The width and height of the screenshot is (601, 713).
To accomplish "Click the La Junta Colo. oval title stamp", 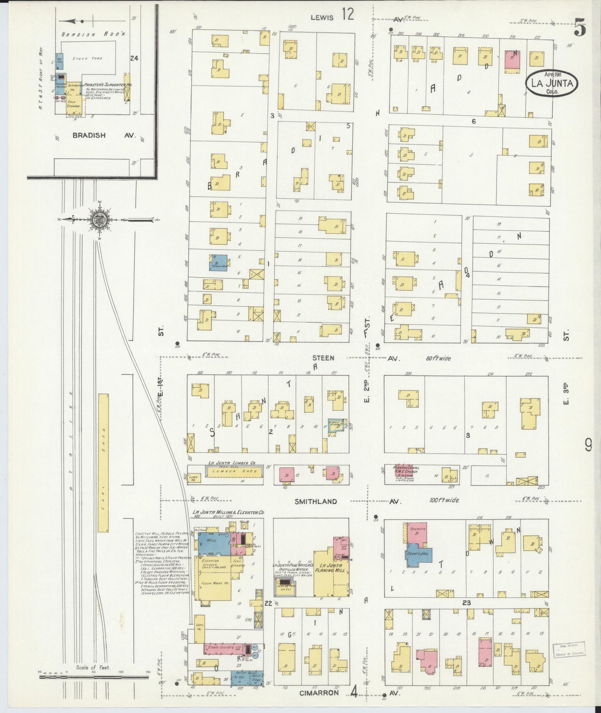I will (x=552, y=83).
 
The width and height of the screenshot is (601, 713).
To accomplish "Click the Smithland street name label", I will (x=316, y=501).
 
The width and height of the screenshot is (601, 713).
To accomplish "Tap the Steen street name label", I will (x=324, y=358).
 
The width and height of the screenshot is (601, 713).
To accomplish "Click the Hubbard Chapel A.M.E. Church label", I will (x=403, y=470).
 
